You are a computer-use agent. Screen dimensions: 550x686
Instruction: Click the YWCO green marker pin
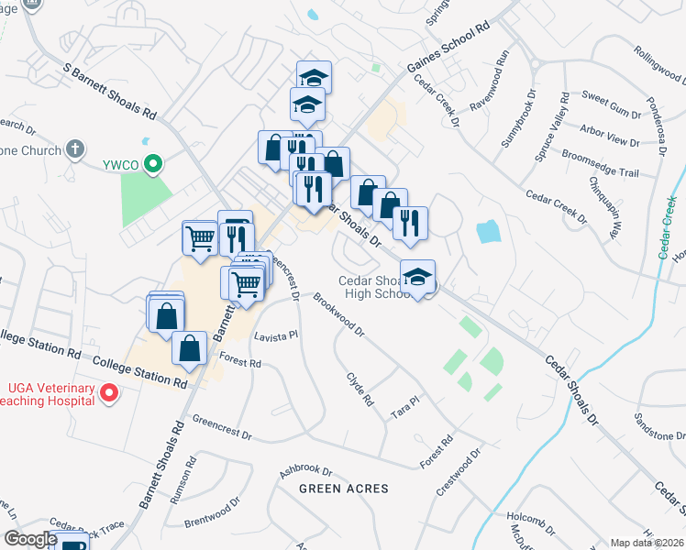pyautogui.click(x=154, y=165)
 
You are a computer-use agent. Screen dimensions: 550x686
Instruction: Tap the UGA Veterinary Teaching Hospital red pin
pyautogui.click(x=109, y=395)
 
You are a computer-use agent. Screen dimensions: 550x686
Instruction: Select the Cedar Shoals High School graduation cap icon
pyautogui.click(x=417, y=277)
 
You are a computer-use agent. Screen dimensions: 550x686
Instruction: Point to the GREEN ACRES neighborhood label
pyautogui.click(x=344, y=489)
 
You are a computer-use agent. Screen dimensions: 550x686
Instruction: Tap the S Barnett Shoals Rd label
pyautogui.click(x=110, y=93)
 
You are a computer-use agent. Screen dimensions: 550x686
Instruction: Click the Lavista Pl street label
pyautogui.click(x=276, y=335)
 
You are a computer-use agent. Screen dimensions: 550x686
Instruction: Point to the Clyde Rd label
pyautogui.click(x=360, y=390)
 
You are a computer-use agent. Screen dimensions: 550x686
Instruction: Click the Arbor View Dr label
pyautogui.click(x=610, y=135)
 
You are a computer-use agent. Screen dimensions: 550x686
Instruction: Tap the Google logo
pyautogui.click(x=30, y=539)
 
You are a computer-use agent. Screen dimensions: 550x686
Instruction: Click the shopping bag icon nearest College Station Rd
pyautogui.click(x=189, y=349)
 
